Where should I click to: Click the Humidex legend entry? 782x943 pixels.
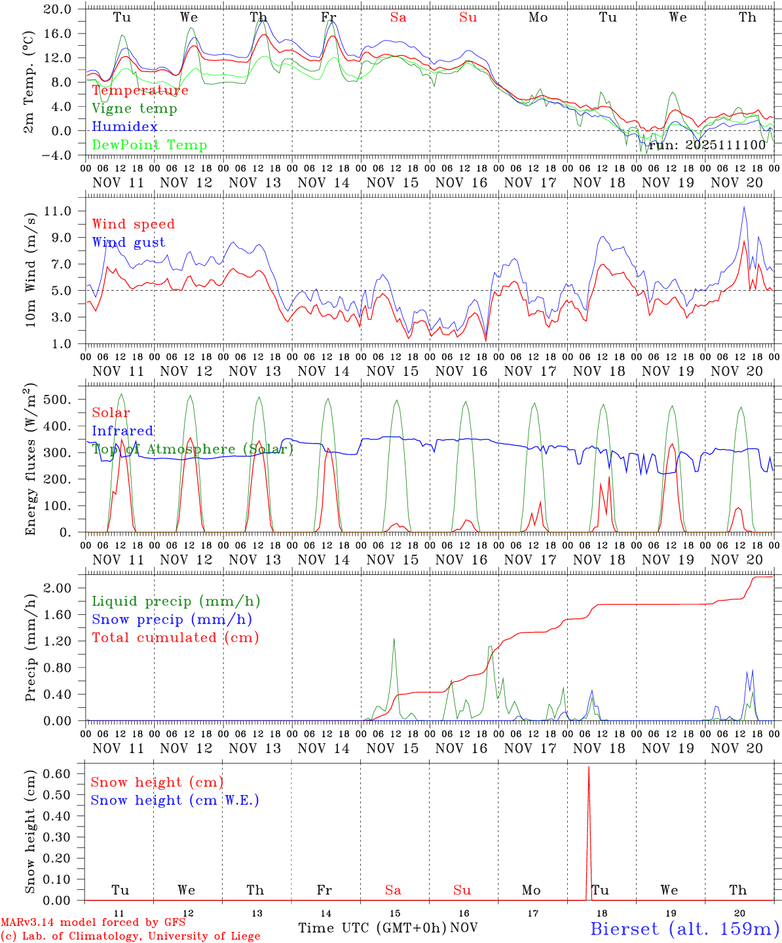pos(124,127)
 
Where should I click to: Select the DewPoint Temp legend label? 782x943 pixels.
pos(149,145)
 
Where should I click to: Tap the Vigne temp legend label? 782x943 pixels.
pos(134,109)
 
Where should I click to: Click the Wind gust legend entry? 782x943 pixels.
pos(128,242)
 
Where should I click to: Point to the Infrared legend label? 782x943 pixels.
pos(122,431)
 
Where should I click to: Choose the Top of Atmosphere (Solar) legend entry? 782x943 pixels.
pos(193,449)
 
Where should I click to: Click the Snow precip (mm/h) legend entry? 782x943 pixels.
pos(172,619)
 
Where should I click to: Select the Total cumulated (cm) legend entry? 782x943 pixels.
pos(175,638)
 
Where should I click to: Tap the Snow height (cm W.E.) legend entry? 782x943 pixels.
pos(174,800)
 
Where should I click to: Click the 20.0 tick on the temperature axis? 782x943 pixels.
pos(58,9)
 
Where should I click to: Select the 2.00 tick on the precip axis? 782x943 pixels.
pos(58,588)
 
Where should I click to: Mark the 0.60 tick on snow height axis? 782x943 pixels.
pos(58,773)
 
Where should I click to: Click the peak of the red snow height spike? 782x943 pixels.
pos(589,767)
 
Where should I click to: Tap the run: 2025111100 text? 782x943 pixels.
pos(707,145)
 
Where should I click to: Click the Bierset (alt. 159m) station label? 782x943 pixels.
pos(684,929)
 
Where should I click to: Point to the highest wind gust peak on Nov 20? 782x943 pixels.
pos(744,207)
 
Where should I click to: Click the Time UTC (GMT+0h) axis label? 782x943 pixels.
pos(372,928)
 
